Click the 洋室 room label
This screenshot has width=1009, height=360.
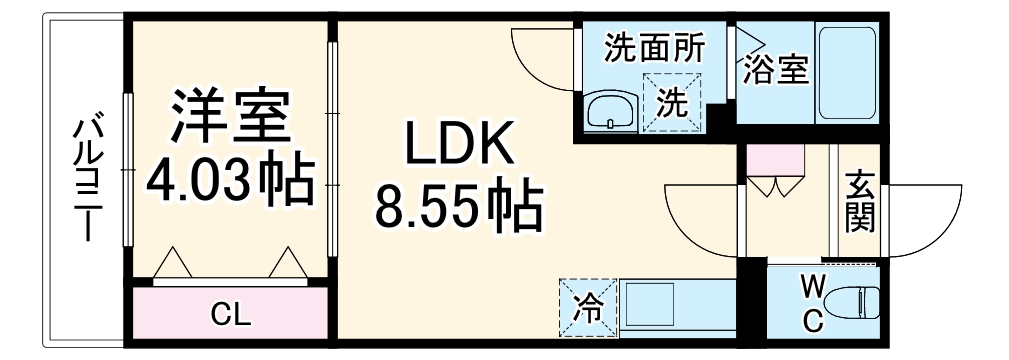(x=230, y=118)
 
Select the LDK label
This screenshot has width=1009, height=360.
(x=459, y=147)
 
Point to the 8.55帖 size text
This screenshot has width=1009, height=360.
(x=459, y=207)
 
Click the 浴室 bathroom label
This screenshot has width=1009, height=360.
(x=775, y=71)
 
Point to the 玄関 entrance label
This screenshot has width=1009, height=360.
(x=858, y=203)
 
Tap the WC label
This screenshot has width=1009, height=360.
(x=812, y=303)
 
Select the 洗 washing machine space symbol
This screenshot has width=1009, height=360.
(x=673, y=102)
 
